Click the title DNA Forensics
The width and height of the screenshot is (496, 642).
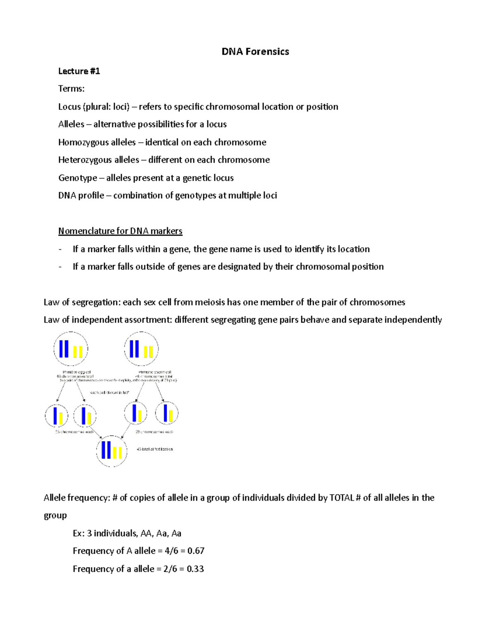tap(255, 52)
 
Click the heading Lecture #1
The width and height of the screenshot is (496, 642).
tap(79, 71)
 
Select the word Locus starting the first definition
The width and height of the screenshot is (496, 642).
tap(69, 107)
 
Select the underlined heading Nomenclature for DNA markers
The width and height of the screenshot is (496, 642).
tap(120, 231)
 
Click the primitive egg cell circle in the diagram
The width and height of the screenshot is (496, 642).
tap(71, 349)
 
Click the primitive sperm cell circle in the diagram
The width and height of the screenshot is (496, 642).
tap(141, 349)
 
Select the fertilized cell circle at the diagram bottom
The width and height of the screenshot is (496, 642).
tap(112, 451)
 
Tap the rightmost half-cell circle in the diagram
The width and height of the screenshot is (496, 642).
tap(167, 413)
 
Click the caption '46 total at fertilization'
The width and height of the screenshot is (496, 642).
tap(155, 449)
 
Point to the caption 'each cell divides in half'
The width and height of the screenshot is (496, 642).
tap(110, 392)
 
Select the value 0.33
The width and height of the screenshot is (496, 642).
tap(195, 569)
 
